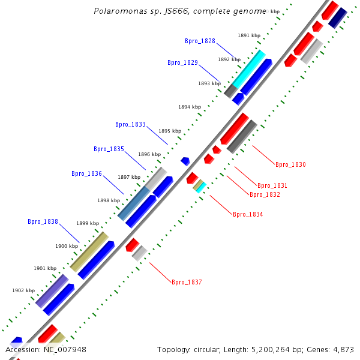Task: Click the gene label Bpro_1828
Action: [x=200, y=41]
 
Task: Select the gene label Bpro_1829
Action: [x=182, y=62]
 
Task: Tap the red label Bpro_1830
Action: [x=290, y=164]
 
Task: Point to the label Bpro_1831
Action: [x=272, y=185]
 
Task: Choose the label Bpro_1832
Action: [x=265, y=194]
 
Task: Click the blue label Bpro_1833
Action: [x=130, y=125]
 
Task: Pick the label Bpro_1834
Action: [x=248, y=214]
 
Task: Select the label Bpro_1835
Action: [x=109, y=149]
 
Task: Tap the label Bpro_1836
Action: [x=86, y=173]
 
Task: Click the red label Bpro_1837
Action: [x=187, y=282]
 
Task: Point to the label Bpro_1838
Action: [x=43, y=221]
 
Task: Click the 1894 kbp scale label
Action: [x=189, y=107]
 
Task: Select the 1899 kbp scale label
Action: [x=87, y=223]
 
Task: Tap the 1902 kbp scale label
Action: [x=23, y=290]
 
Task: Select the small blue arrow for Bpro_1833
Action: [x=185, y=161]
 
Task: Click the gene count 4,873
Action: [x=343, y=349]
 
